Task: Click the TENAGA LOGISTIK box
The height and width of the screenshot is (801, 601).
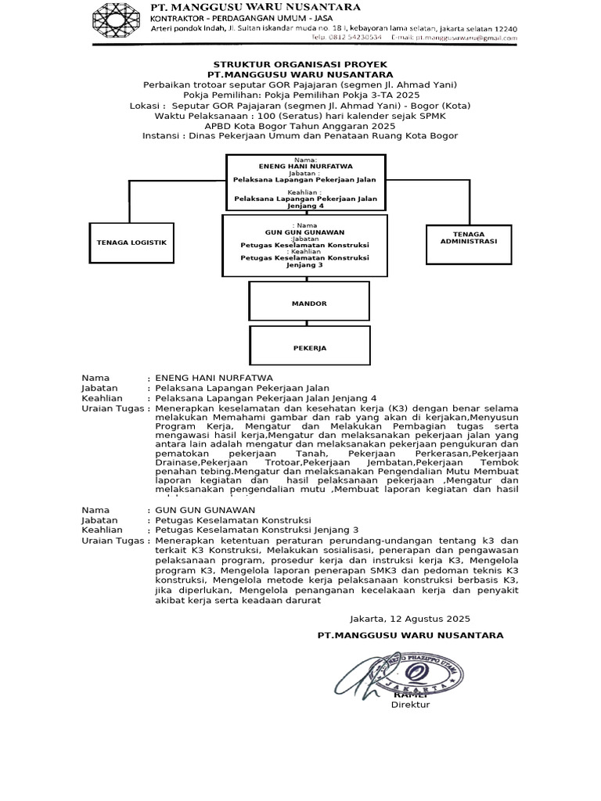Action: (x=131, y=242)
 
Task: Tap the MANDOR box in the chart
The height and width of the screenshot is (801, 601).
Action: (x=309, y=303)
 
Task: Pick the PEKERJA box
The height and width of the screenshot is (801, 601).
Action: (x=309, y=347)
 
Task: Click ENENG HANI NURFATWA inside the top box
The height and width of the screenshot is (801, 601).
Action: (x=306, y=166)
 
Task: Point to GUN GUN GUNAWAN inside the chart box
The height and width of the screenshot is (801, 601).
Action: (x=304, y=232)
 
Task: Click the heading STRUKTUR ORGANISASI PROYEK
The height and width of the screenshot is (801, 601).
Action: (x=300, y=63)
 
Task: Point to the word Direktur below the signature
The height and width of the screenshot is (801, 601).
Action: (x=410, y=705)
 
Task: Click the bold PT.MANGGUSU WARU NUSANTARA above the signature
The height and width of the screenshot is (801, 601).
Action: (x=410, y=635)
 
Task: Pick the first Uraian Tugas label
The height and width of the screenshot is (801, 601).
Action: (x=113, y=408)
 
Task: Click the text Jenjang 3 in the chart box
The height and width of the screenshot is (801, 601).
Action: (x=304, y=264)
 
